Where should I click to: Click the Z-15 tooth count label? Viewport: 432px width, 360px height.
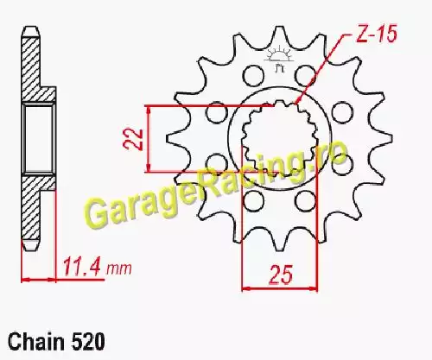coord(377,34)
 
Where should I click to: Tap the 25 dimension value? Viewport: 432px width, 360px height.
coord(281,275)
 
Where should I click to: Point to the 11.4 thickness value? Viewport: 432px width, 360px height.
coord(82,268)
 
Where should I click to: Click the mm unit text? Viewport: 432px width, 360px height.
coord(119,269)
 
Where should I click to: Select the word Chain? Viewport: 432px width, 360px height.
coord(36,342)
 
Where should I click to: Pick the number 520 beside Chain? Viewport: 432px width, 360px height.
coord(87,342)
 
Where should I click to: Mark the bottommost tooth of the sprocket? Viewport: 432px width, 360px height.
coord(278,243)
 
